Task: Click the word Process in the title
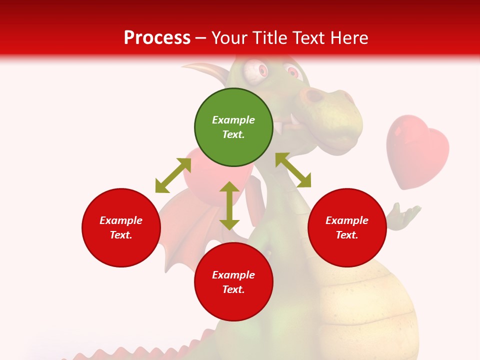tap(157, 38)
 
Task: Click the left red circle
tap(121, 227)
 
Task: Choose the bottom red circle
tap(233, 282)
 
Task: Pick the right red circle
tap(347, 227)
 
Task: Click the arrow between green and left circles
tap(173, 175)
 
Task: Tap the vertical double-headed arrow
tap(229, 205)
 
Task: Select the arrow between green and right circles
tap(293, 170)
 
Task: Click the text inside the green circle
tap(233, 127)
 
